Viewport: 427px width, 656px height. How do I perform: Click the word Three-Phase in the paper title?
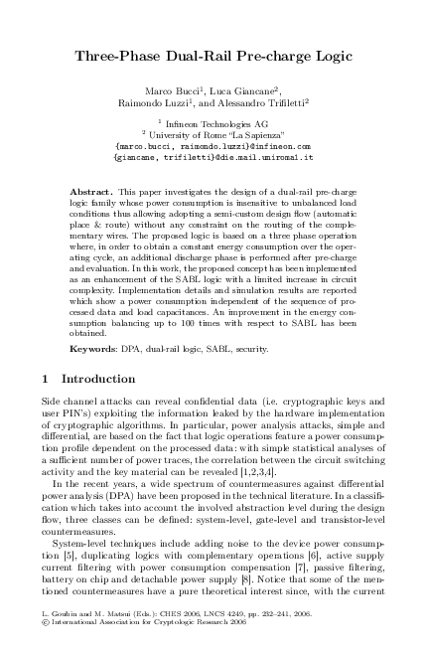coord(119,58)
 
